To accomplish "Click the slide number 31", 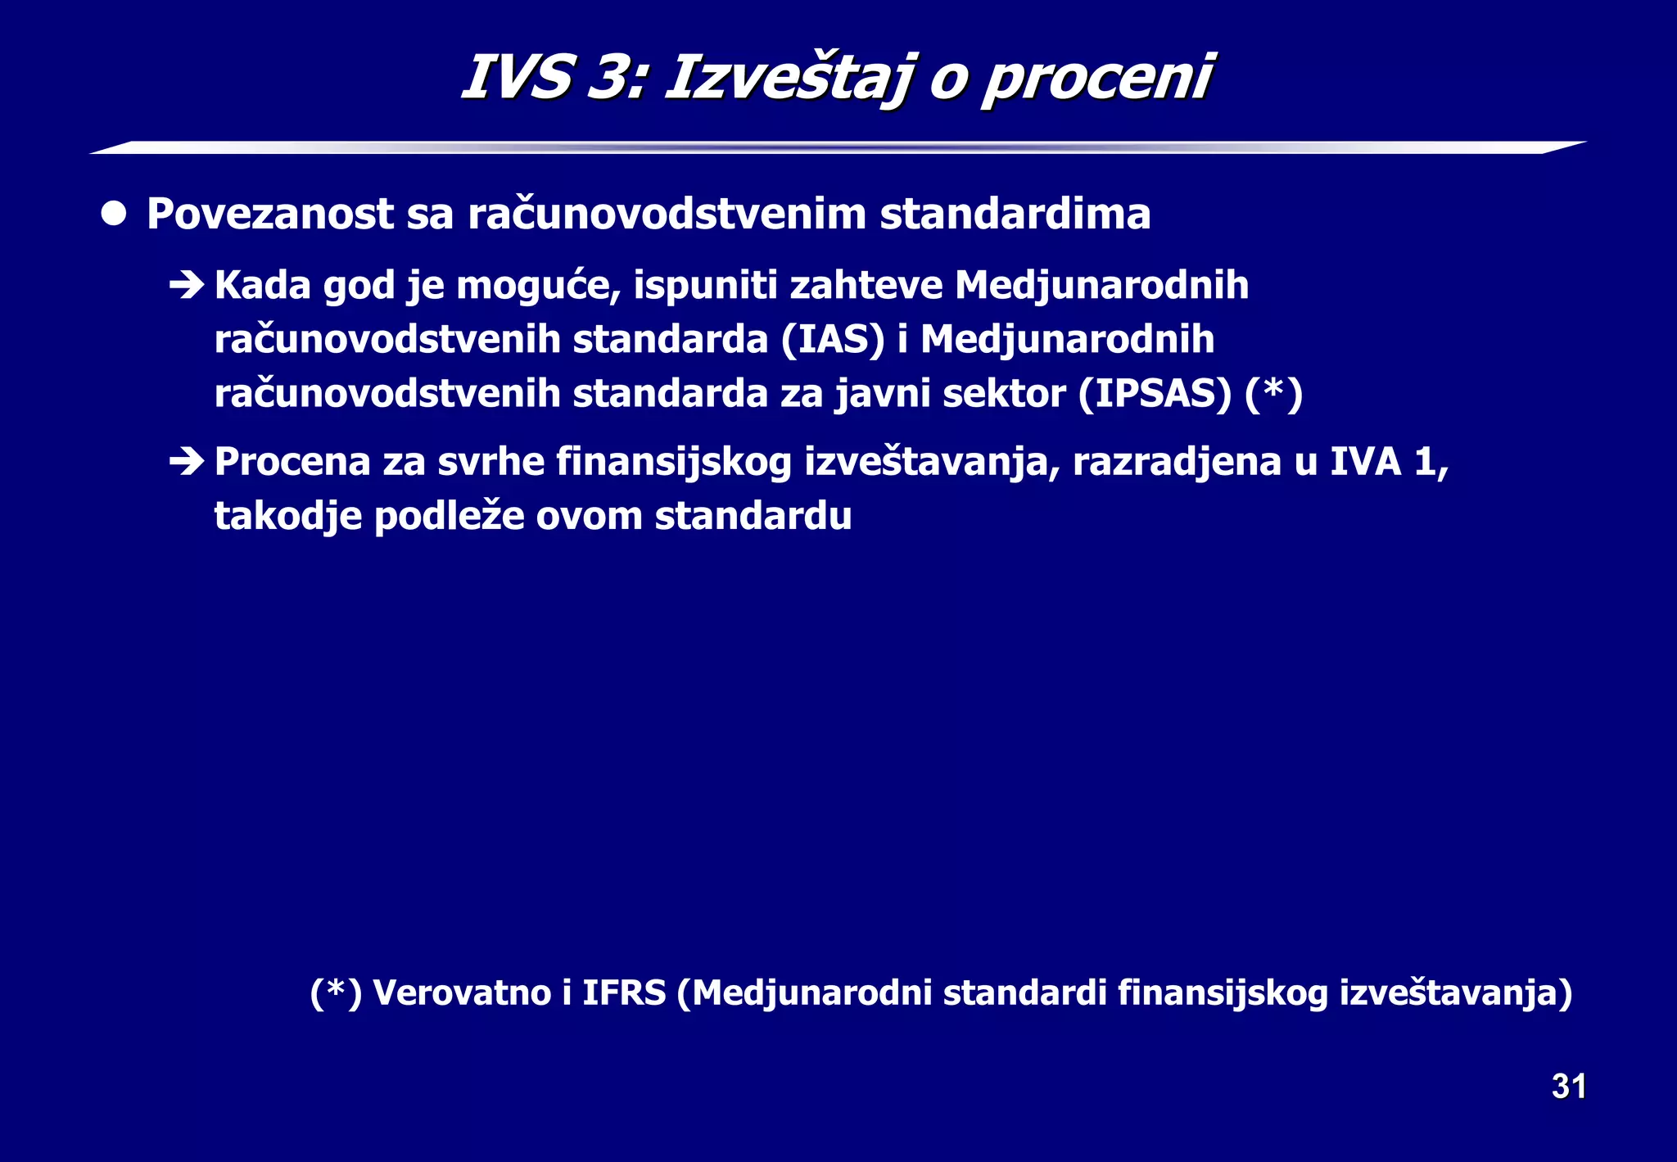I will pos(1568,1086).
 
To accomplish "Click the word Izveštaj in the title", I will pos(788,79).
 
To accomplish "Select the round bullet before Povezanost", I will pos(114,214).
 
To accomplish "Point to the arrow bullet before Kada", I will pos(187,286).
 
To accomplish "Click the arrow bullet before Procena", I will pos(187,462).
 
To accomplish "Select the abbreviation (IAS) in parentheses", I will pos(833,340).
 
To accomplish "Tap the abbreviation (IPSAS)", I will pos(1155,394).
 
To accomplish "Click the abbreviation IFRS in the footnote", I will pos(624,992).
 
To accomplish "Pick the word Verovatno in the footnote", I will pos(462,992).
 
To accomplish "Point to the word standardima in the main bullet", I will pos(1015,215).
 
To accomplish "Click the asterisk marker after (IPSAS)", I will pos(1273,391).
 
